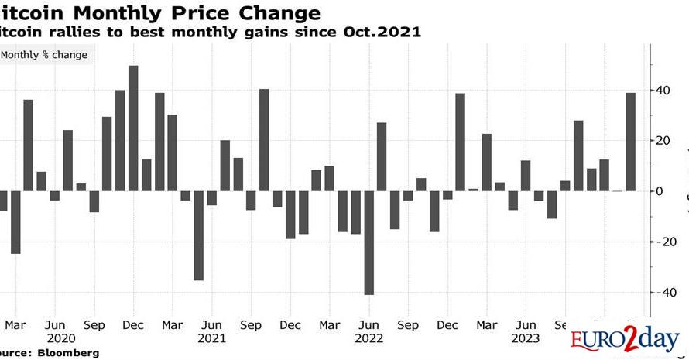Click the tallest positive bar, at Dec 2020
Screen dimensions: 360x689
pos(133,128)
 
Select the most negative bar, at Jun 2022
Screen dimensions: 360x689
pos(368,242)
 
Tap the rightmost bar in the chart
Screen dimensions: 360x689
pos(630,142)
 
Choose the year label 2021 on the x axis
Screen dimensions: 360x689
pos(211,338)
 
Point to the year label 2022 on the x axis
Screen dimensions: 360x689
pos(369,338)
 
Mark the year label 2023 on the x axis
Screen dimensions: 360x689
pos(526,338)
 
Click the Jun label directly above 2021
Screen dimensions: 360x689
pos(211,325)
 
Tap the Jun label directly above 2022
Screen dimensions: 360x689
pos(369,325)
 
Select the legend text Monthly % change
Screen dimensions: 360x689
pos(44,55)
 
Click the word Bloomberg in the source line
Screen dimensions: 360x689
pos(68,353)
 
